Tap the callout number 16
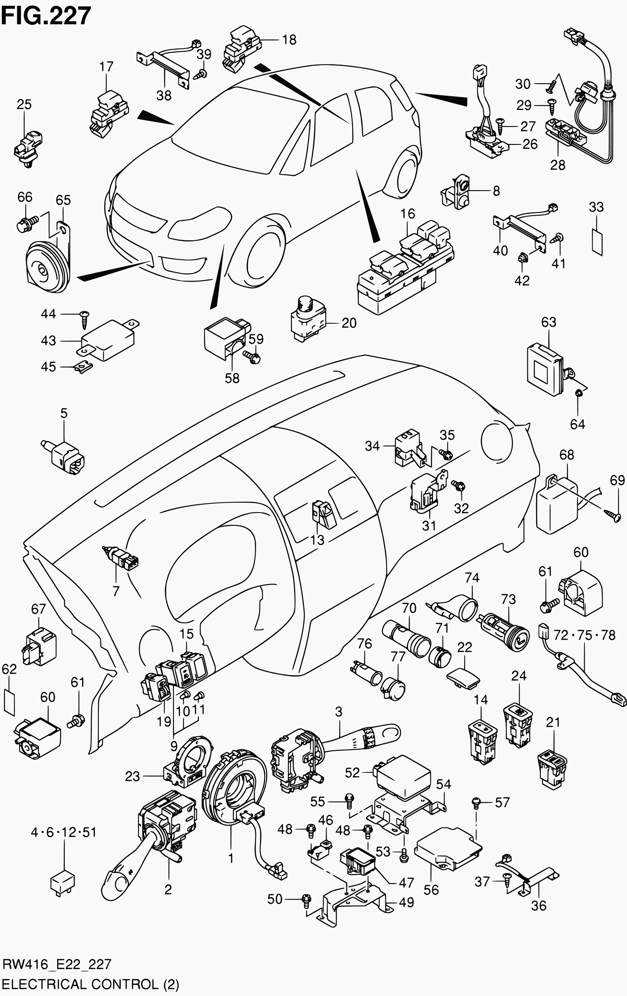pyautogui.click(x=407, y=214)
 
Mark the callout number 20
pyautogui.click(x=349, y=323)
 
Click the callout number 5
pyautogui.click(x=63, y=413)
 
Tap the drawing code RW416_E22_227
pyautogui.click(x=57, y=964)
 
